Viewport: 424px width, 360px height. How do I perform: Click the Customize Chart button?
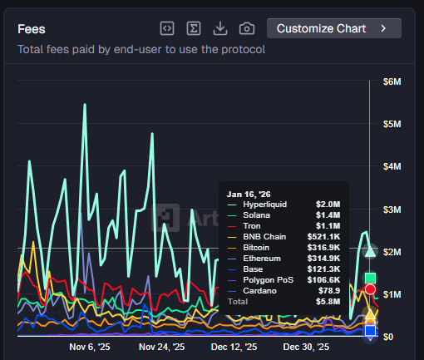(x=333, y=28)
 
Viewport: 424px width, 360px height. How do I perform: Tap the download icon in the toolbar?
(x=220, y=28)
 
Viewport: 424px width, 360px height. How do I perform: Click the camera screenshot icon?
(x=247, y=28)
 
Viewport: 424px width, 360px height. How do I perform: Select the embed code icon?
(x=167, y=28)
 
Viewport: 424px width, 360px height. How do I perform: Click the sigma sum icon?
(x=194, y=28)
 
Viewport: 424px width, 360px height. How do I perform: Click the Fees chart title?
(x=32, y=28)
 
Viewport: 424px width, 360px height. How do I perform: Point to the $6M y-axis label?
(x=392, y=81)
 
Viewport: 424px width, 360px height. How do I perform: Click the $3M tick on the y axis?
(x=392, y=209)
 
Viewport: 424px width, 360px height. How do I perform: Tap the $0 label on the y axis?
(x=387, y=336)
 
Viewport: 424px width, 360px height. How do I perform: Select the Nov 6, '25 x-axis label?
(x=89, y=346)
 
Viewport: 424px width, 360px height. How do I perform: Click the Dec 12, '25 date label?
(x=234, y=346)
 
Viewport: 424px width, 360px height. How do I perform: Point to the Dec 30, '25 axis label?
(x=306, y=346)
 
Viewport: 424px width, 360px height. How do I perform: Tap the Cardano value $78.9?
(x=328, y=290)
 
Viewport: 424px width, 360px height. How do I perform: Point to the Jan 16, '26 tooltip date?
(x=247, y=193)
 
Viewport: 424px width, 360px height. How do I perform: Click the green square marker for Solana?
(x=371, y=278)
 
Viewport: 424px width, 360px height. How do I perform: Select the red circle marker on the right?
(x=371, y=289)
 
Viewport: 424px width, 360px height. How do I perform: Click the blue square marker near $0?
(x=371, y=331)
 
